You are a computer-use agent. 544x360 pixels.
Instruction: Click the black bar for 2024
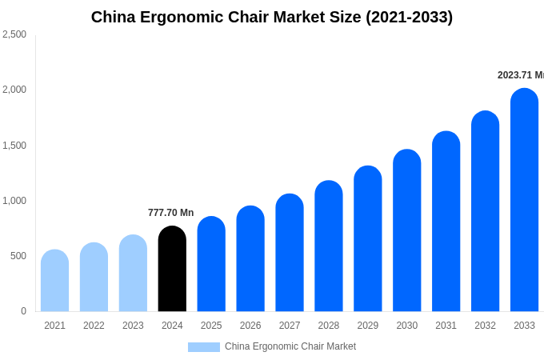pyautogui.click(x=172, y=269)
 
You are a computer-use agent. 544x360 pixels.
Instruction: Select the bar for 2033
pyautogui.click(x=524, y=200)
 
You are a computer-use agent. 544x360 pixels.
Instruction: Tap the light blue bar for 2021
pyautogui.click(x=54, y=281)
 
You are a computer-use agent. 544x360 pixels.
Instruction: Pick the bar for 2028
pyautogui.click(x=328, y=246)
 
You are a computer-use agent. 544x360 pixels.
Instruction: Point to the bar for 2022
pyautogui.click(x=94, y=277)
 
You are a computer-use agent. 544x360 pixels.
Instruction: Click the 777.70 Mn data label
pyautogui.click(x=170, y=213)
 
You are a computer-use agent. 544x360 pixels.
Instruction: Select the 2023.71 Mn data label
pyautogui.click(x=520, y=75)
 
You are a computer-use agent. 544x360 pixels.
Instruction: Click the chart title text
pyautogui.click(x=272, y=17)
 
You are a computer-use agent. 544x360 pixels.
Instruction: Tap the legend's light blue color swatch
pyautogui.click(x=203, y=347)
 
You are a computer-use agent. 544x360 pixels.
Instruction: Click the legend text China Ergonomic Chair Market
pyautogui.click(x=290, y=346)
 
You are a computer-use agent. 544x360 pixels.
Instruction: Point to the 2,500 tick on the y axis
pyautogui.click(x=14, y=34)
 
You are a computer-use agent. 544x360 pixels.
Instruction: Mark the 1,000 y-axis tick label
pyautogui.click(x=14, y=201)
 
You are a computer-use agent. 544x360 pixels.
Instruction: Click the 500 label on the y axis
pyautogui.click(x=18, y=256)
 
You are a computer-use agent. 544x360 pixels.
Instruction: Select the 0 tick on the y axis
pyautogui.click(x=23, y=311)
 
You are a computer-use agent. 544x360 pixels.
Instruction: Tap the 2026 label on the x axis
pyautogui.click(x=250, y=326)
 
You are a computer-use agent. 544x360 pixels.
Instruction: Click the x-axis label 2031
pyautogui.click(x=446, y=326)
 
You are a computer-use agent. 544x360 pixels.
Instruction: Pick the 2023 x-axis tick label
pyautogui.click(x=133, y=326)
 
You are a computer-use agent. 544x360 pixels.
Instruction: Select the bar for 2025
pyautogui.click(x=211, y=264)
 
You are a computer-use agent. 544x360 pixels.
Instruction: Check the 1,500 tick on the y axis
pyautogui.click(x=14, y=146)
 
